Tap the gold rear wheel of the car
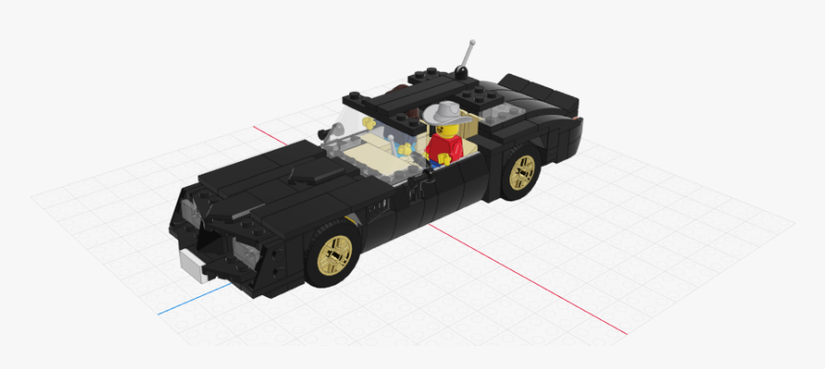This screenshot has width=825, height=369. coord(523,173)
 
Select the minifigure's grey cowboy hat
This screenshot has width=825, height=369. coord(444,112)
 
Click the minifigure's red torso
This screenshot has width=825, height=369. coord(443,146)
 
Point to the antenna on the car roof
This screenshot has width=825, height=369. coord(467,56)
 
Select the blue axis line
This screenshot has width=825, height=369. coord(192,298)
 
